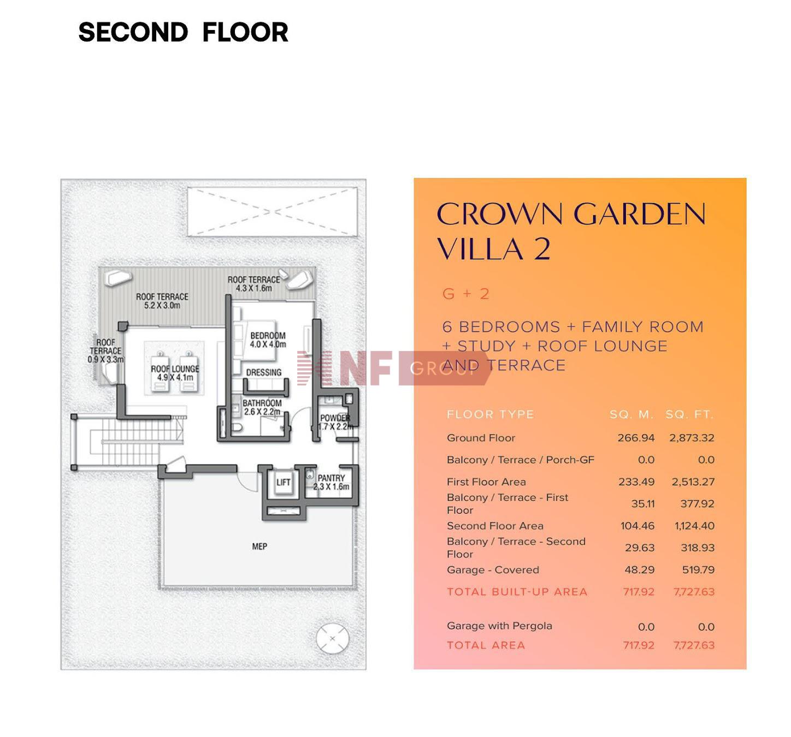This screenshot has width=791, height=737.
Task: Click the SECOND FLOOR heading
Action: (x=183, y=32)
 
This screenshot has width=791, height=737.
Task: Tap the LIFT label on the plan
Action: (x=283, y=482)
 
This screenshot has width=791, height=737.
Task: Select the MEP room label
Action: (x=259, y=546)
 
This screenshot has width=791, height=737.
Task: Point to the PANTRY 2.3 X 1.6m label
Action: (x=331, y=482)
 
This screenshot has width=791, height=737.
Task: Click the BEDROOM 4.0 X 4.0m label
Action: (x=268, y=340)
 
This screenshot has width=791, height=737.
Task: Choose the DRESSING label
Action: (x=264, y=372)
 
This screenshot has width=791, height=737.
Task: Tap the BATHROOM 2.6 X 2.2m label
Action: (x=262, y=407)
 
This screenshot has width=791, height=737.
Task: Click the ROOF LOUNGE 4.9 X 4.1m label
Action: (x=175, y=373)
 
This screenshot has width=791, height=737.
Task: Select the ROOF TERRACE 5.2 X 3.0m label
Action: (x=162, y=301)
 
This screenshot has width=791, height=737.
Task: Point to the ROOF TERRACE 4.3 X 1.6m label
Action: (x=253, y=283)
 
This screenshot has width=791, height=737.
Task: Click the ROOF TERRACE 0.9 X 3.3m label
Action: (x=105, y=351)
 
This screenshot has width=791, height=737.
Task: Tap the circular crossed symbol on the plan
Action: (x=333, y=638)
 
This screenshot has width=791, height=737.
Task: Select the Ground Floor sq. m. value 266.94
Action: (x=636, y=438)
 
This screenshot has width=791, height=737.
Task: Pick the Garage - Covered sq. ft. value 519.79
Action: (x=698, y=569)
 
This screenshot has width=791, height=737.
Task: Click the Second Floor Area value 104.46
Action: (x=637, y=526)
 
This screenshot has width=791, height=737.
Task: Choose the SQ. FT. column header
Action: (x=690, y=414)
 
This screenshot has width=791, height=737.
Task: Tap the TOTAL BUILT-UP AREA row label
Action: (x=517, y=592)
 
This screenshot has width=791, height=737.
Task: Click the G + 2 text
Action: (x=465, y=294)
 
